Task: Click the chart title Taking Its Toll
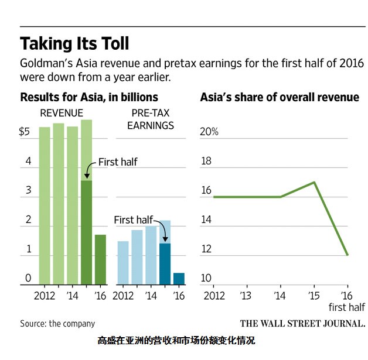pyautogui.click(x=74, y=44)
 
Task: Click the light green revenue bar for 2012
pyautogui.click(x=45, y=205)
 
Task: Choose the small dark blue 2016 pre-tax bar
pyautogui.click(x=179, y=278)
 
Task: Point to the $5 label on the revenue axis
pyautogui.click(x=25, y=132)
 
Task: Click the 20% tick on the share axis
pyautogui.click(x=209, y=132)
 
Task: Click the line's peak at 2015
pyautogui.click(x=315, y=182)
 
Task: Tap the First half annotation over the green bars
pyautogui.click(x=117, y=162)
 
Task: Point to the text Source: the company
pyautogui.click(x=57, y=323)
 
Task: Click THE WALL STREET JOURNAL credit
pyautogui.click(x=302, y=323)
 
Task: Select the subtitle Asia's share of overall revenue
pyautogui.click(x=280, y=97)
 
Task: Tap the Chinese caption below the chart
pyautogui.click(x=176, y=340)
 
